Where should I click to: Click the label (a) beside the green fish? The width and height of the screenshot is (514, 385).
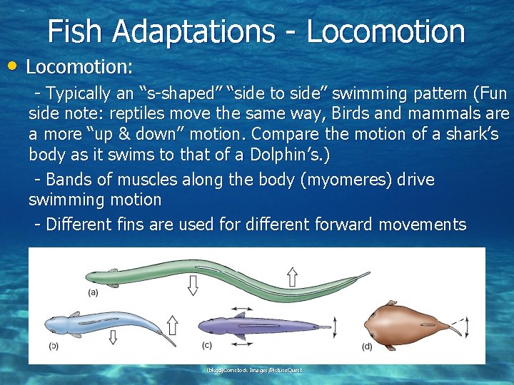point(93,292)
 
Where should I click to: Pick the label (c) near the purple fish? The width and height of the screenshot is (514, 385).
point(207,346)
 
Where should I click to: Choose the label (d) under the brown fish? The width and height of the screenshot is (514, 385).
point(367,346)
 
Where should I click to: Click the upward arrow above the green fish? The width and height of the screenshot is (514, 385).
point(292,274)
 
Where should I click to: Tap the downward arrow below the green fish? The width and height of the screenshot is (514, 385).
point(193,285)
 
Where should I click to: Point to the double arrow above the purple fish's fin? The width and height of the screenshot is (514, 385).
point(241,314)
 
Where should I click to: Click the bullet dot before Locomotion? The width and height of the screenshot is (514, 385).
point(16,66)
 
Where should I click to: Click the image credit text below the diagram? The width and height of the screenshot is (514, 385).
point(254,370)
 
